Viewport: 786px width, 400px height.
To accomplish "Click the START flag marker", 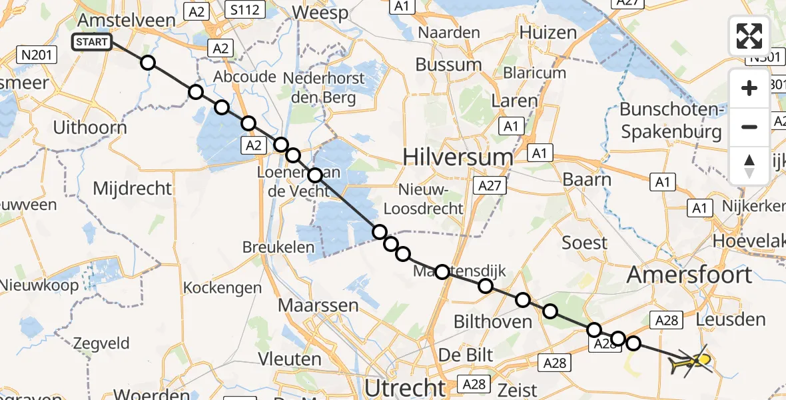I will [x=91, y=43].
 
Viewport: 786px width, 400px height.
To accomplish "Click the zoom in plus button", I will [x=749, y=88].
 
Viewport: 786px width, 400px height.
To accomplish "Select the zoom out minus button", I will [x=749, y=127].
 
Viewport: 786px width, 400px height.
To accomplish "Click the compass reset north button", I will [x=749, y=165].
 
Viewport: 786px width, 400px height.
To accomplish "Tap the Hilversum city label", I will [x=458, y=157].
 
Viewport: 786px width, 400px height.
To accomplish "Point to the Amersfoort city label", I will [x=690, y=274].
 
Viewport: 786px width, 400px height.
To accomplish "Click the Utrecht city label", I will [x=405, y=387].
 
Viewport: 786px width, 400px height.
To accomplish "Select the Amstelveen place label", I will [x=126, y=19].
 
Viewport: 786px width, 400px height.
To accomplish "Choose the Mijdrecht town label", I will [x=133, y=188].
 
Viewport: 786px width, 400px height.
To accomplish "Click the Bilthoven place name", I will [x=492, y=322].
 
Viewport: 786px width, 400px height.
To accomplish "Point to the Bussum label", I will [x=448, y=65].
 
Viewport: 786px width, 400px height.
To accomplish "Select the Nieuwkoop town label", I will [x=39, y=285].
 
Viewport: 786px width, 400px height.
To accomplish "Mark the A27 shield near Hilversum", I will [x=489, y=185].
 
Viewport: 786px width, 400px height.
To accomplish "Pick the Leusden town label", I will [x=730, y=319].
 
